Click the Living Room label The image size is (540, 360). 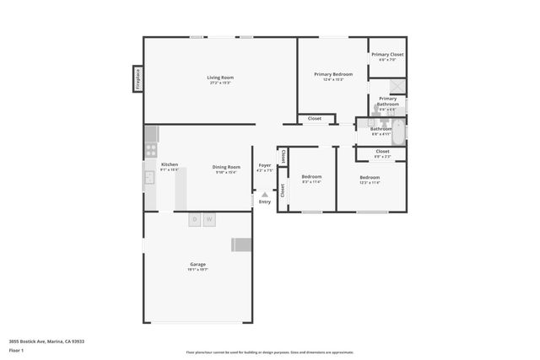click(219, 78)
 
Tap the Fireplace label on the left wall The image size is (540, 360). click(138, 78)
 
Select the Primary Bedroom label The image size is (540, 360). click(333, 74)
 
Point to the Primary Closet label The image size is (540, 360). click(387, 55)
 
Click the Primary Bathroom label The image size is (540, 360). click(387, 101)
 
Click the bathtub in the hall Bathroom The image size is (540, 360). click(399, 131)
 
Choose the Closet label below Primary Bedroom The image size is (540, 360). click(314, 118)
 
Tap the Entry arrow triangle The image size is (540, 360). click(264, 195)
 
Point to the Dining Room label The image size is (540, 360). click(226, 167)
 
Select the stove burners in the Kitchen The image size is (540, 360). click(151, 150)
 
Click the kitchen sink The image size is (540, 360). click(149, 176)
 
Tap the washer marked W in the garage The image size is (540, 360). click(208, 219)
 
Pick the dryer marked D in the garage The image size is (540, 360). click(195, 219)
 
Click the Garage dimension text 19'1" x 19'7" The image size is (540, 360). click(197, 270)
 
